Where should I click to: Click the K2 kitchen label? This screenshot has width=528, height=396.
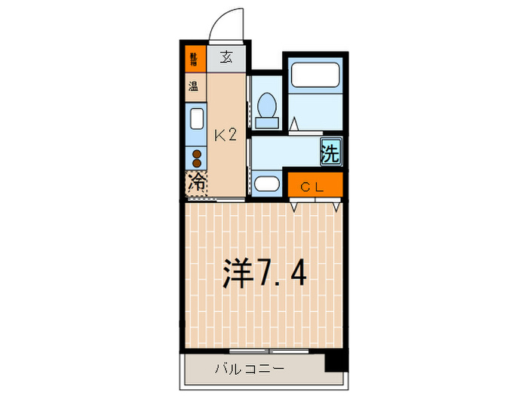click(x=226, y=136)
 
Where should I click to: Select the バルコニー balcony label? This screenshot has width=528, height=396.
click(x=248, y=370)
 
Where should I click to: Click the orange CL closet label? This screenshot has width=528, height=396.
click(x=314, y=186)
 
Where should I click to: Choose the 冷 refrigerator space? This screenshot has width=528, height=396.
click(x=196, y=183)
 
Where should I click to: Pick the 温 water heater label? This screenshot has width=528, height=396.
click(x=194, y=86)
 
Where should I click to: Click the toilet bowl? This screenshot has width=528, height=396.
click(x=266, y=105)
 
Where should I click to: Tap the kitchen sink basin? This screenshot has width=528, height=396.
click(x=196, y=119)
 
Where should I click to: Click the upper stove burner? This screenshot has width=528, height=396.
click(x=197, y=154)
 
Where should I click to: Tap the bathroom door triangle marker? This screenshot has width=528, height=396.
click(x=295, y=124)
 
